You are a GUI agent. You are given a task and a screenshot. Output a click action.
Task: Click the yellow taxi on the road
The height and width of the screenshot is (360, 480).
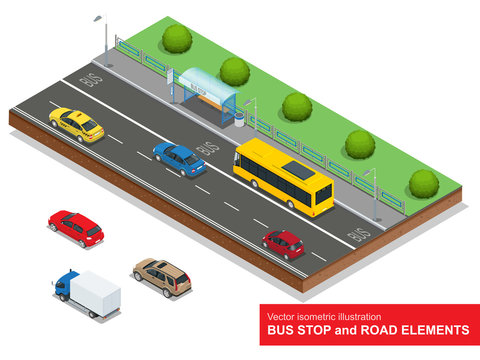(x=77, y=124)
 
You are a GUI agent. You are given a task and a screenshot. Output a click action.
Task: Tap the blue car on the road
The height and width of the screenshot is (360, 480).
(x=179, y=158)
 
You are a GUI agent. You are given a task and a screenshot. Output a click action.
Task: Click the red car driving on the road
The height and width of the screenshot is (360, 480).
(x=283, y=242)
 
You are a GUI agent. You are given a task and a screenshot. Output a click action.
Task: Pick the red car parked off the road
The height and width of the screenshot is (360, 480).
(x=76, y=228)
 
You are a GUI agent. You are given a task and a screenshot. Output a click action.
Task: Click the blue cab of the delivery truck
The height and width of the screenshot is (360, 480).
(x=66, y=286)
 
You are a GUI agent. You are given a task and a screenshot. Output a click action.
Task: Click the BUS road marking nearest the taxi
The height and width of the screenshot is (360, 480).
(x=91, y=78)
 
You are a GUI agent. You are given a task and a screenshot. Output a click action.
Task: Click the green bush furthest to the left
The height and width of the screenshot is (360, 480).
(x=177, y=39)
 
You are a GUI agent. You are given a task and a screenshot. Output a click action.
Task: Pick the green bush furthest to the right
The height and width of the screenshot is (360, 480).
(x=423, y=182)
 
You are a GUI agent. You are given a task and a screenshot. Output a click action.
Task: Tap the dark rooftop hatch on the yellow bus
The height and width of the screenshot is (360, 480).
(x=299, y=170)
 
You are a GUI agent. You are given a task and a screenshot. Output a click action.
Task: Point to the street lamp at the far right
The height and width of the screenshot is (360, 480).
(x=374, y=195)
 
